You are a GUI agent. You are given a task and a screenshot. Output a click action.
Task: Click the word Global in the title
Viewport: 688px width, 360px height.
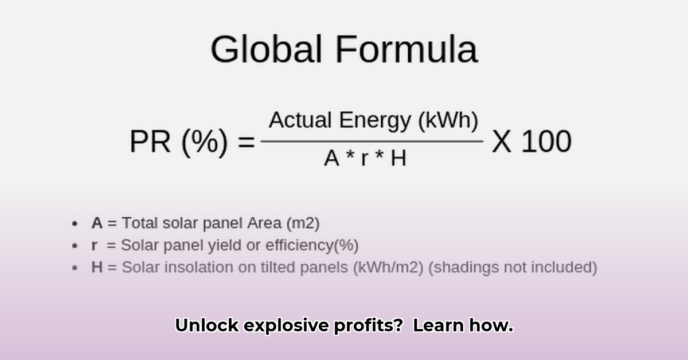[266, 49]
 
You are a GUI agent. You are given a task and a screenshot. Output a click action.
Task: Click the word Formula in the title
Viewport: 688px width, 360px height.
[406, 49]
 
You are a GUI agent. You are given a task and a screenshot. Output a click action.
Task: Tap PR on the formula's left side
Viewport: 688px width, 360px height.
[150, 141]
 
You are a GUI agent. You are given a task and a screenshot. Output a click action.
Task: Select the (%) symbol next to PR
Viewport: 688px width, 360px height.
[205, 142]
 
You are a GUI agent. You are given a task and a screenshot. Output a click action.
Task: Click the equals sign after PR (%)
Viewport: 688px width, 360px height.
[247, 142]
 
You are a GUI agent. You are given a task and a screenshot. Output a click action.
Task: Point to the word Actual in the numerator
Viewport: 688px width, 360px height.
[300, 120]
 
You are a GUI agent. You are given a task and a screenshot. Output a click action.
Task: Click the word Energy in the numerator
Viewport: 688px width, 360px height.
[375, 122]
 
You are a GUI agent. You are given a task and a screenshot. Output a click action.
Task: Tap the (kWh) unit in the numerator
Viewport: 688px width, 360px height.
[448, 121]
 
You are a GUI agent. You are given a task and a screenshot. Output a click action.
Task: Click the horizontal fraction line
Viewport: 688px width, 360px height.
[372, 142]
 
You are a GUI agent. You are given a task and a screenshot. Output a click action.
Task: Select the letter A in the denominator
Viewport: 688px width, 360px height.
[332, 158]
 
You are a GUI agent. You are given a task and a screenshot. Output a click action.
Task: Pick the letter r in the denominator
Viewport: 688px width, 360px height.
[365, 160]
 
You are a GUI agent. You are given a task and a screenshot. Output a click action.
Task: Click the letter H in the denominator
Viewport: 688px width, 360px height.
[398, 158]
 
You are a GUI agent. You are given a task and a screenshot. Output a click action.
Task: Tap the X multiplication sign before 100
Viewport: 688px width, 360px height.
[502, 141]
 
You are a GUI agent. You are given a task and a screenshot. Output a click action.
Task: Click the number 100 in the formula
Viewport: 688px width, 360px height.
[546, 141]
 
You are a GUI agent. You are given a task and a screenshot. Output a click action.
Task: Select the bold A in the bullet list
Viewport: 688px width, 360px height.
[97, 223]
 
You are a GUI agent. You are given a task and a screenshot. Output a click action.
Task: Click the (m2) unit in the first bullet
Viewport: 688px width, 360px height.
[303, 224]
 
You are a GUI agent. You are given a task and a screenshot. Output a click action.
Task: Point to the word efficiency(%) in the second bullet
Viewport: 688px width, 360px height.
[312, 245]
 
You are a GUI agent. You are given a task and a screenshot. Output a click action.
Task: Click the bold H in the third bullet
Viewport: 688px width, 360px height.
[97, 267]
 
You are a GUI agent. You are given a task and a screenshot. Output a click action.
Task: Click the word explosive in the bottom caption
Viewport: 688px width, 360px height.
[286, 326]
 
